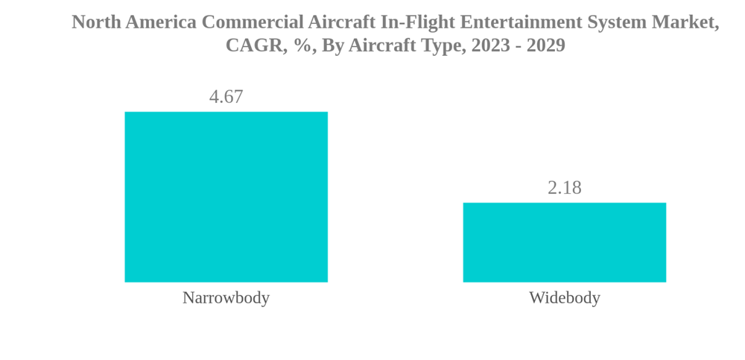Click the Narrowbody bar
(x=226, y=197)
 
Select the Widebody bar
(x=564, y=242)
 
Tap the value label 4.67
(x=226, y=97)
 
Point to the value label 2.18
(x=564, y=188)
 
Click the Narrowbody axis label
(x=226, y=297)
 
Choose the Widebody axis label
(x=564, y=297)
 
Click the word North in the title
(x=96, y=22)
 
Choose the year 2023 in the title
(x=491, y=45)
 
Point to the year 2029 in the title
(x=546, y=45)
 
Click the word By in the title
(x=333, y=45)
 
